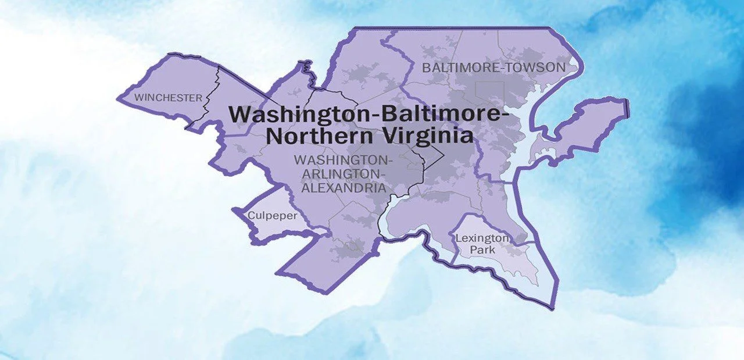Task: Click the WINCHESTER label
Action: (168, 98)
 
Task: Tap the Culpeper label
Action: (273, 216)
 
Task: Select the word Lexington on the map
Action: (482, 238)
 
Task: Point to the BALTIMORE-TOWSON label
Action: (493, 67)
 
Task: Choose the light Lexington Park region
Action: (512, 262)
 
